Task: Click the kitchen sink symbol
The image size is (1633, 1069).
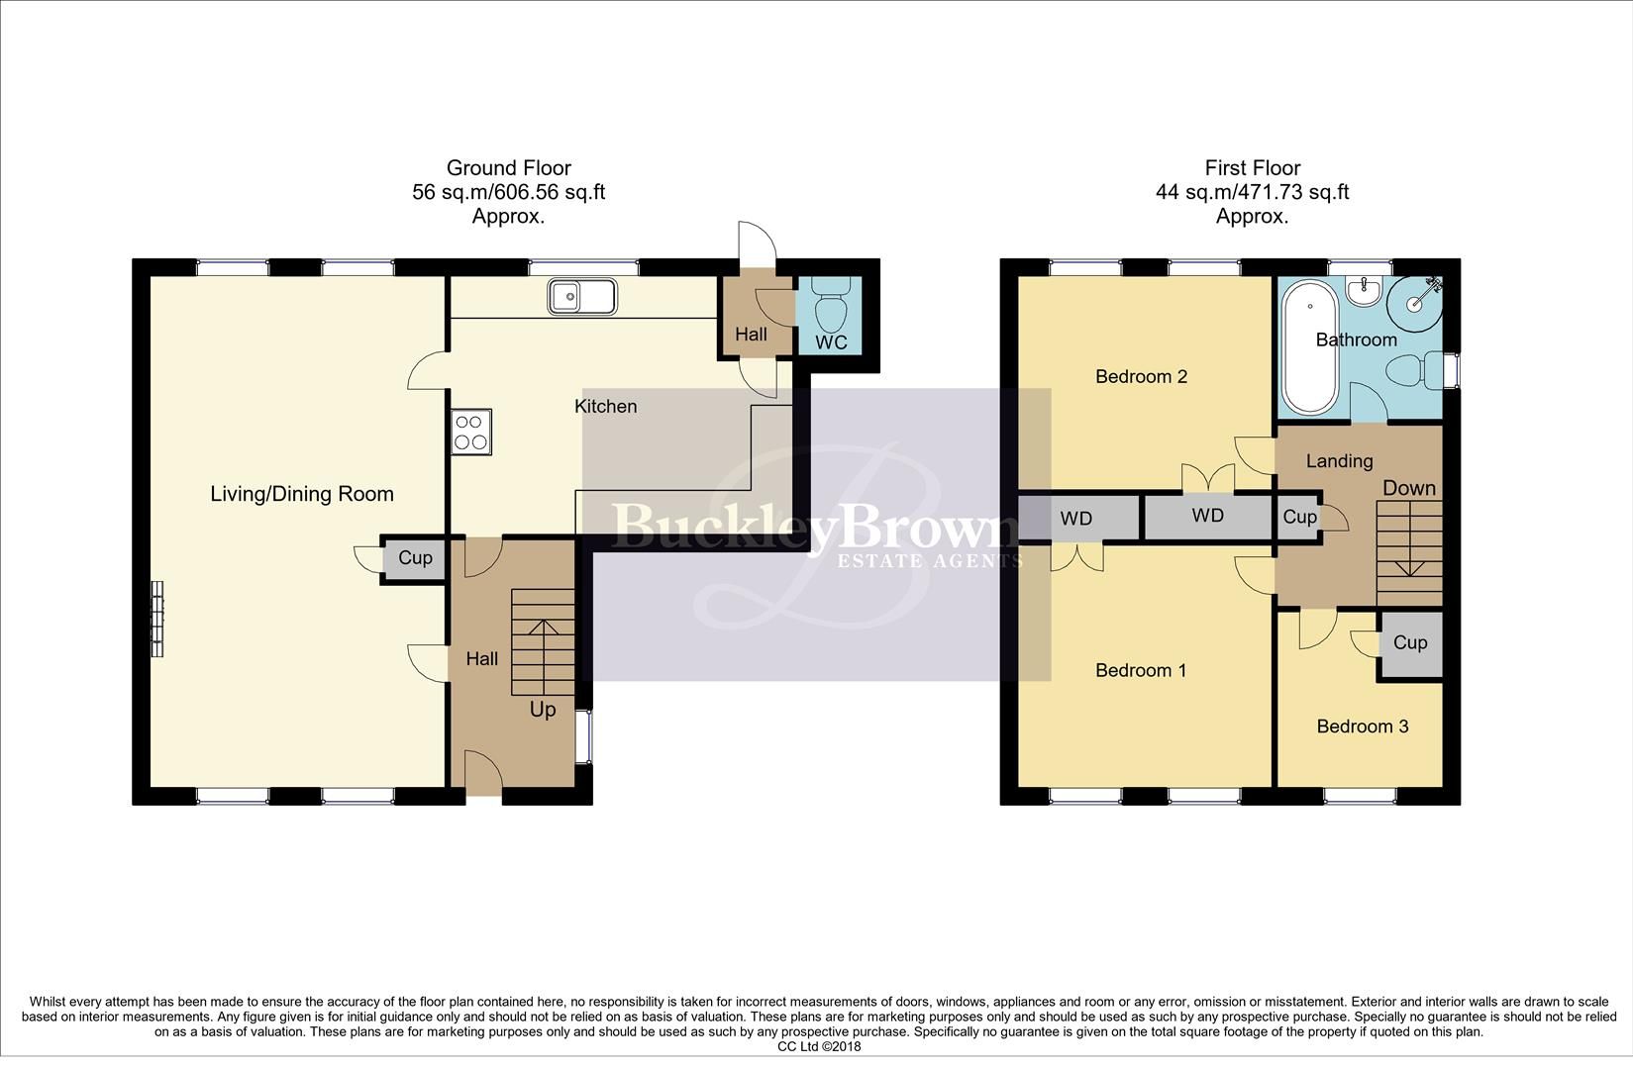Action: tap(583, 296)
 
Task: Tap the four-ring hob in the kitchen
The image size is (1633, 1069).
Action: tap(471, 433)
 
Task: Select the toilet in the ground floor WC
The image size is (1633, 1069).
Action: tap(831, 306)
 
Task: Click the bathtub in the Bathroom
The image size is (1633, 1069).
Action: tap(1309, 346)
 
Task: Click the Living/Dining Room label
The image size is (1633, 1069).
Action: tap(302, 494)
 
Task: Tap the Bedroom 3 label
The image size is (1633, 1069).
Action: tap(1362, 727)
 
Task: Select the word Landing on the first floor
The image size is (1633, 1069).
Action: tap(1339, 461)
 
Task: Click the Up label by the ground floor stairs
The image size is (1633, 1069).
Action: tap(543, 710)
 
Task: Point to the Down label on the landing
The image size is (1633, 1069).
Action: tap(1408, 488)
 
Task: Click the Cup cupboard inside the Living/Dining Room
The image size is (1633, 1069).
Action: tap(415, 558)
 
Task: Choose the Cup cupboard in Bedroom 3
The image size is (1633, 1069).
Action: tap(1409, 643)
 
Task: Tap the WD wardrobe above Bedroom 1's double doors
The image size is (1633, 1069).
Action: tap(1076, 519)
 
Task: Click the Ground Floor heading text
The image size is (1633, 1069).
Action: tap(508, 168)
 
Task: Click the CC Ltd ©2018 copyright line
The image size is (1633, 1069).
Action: tap(819, 1046)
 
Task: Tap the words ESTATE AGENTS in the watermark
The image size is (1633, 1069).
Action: tap(930, 561)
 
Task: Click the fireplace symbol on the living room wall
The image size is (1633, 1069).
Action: tap(156, 618)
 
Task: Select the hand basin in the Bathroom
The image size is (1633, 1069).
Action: tap(1365, 291)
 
